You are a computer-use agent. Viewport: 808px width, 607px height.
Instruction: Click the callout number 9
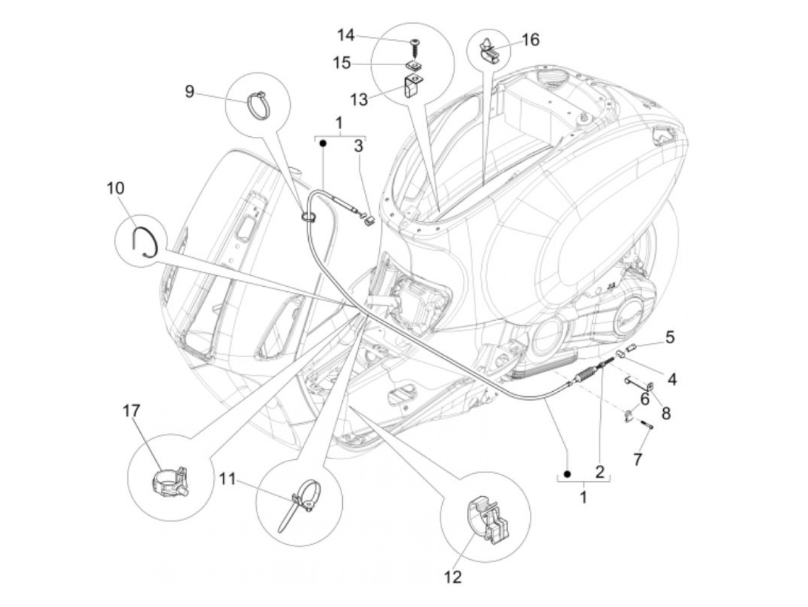click(x=189, y=91)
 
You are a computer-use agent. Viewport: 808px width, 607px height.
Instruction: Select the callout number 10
click(x=115, y=188)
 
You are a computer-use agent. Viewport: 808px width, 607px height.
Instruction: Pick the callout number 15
click(x=342, y=62)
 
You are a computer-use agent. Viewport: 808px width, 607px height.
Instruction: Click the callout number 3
click(x=359, y=146)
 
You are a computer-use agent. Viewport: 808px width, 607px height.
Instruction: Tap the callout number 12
click(x=453, y=576)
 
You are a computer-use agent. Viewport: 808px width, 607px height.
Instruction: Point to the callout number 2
click(x=599, y=472)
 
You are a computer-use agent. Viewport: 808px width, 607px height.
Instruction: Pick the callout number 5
click(x=669, y=337)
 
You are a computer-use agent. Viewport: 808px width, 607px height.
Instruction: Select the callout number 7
click(x=637, y=459)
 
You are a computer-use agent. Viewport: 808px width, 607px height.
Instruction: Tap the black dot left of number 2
click(x=567, y=474)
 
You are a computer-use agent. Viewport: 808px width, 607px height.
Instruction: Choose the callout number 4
click(x=672, y=379)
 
